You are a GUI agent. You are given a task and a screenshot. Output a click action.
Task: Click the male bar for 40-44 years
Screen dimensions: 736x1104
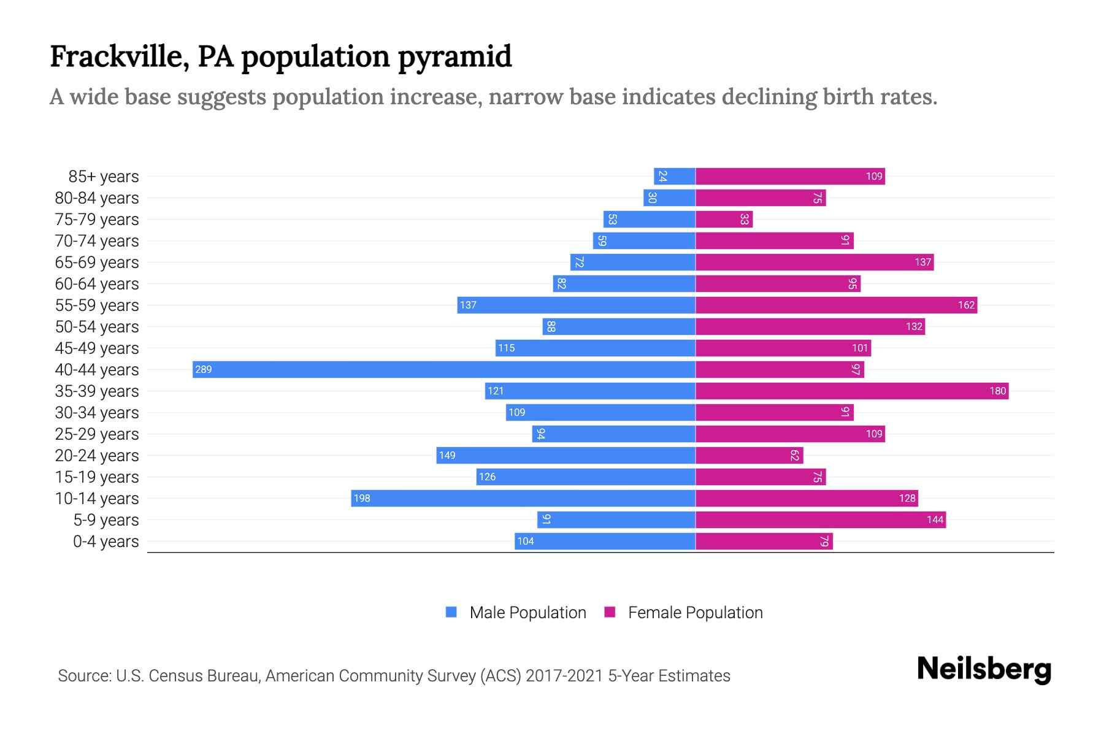[444, 369]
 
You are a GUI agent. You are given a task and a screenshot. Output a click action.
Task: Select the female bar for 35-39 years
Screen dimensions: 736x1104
[852, 391]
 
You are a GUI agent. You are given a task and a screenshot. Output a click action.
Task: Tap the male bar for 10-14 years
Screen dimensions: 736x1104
[523, 498]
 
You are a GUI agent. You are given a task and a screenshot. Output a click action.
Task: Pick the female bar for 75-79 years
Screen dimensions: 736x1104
[724, 219]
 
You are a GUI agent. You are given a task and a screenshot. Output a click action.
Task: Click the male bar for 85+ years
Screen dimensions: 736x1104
[675, 176]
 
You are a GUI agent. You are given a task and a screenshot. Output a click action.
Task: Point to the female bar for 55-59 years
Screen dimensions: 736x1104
[836, 305]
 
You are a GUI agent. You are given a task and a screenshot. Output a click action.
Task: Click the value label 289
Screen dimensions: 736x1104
[203, 369]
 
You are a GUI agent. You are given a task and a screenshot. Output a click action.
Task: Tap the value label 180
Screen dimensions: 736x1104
[997, 391]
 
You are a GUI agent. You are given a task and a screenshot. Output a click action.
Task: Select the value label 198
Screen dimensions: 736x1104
[362, 498]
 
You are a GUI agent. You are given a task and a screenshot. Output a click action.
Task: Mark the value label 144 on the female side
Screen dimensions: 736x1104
[935, 519]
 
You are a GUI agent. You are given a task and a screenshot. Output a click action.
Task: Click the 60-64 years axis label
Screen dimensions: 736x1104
[97, 284]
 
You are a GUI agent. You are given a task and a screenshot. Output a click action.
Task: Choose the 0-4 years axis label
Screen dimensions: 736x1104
[105, 542]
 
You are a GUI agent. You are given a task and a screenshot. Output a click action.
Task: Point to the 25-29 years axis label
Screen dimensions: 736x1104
[97, 434]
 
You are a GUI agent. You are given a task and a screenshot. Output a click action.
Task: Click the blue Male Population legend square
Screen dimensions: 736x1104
[451, 612]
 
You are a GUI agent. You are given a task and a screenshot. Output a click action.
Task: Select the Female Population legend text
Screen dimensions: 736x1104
[695, 613]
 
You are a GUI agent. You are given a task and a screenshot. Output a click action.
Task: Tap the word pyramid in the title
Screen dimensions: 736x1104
[454, 57]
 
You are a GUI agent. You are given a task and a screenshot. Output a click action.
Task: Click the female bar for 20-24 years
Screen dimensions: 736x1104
[749, 455]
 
